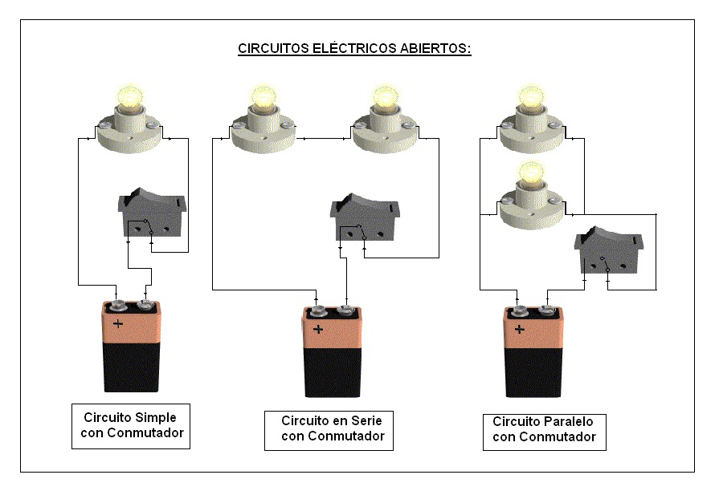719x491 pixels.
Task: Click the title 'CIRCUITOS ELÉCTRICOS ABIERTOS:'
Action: coord(354,49)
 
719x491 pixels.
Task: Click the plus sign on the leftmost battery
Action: coord(118,324)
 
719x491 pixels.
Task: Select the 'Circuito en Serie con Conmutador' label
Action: coord(333,429)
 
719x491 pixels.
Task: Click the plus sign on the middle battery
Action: coord(318,329)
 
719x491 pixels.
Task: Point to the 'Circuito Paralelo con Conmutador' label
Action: coord(544,430)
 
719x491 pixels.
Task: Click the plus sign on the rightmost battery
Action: coord(520,329)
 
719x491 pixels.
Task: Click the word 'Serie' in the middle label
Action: coord(366,420)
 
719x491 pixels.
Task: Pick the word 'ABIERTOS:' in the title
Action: coord(435,49)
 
